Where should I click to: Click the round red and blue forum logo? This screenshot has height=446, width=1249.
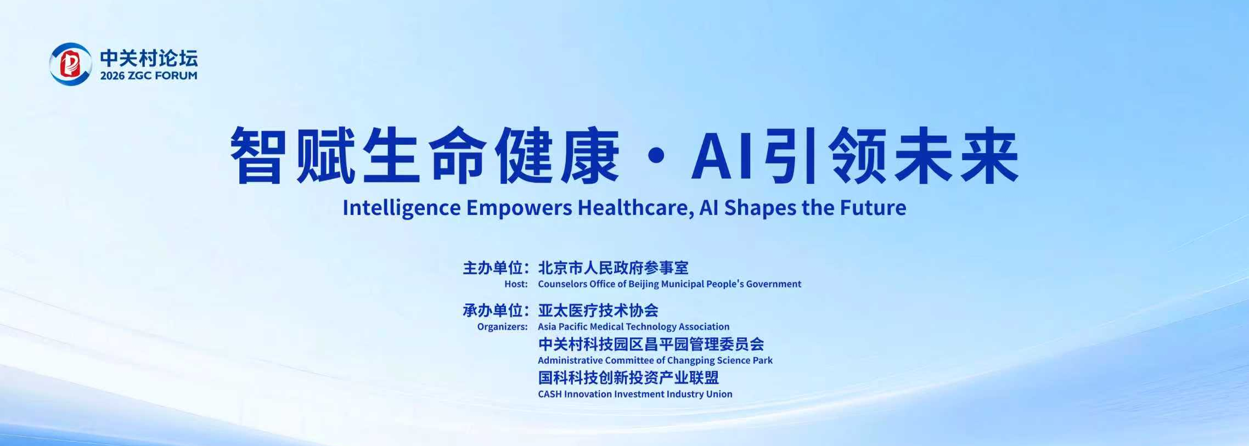click(x=71, y=64)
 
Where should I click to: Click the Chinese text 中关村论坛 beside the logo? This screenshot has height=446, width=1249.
click(x=149, y=58)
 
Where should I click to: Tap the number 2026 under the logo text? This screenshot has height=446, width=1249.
click(x=112, y=76)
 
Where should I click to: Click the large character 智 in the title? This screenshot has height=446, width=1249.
click(x=258, y=155)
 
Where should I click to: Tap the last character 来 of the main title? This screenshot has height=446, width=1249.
click(x=989, y=155)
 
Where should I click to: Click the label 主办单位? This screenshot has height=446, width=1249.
click(x=492, y=268)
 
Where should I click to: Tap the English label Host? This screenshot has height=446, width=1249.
click(x=516, y=284)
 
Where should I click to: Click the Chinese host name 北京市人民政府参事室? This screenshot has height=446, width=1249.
click(x=613, y=268)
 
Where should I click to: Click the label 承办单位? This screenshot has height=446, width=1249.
click(x=492, y=310)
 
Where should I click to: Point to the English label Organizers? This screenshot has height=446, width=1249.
click(x=502, y=327)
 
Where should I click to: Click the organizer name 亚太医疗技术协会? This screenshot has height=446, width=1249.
click(x=598, y=310)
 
